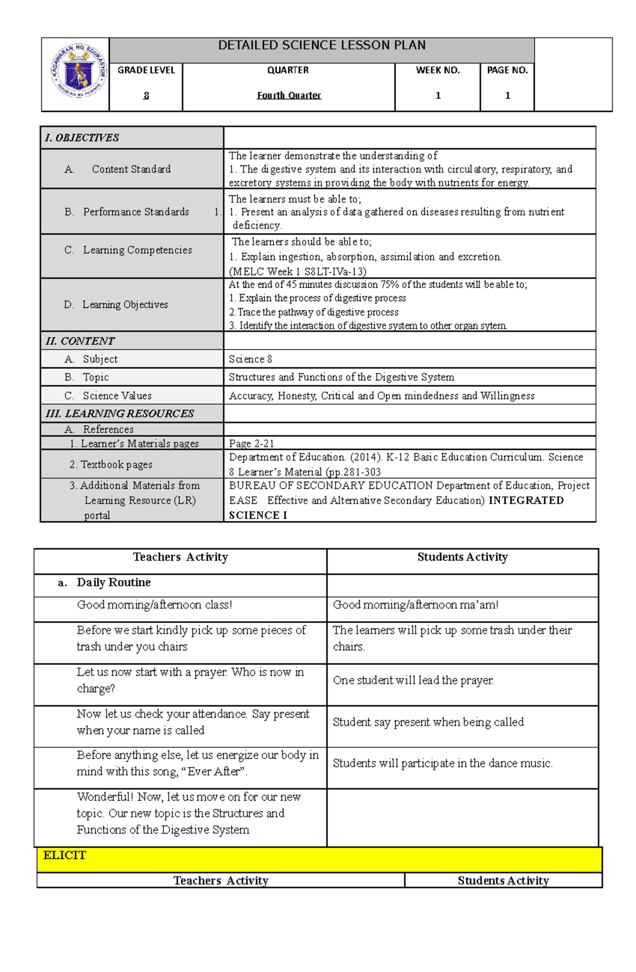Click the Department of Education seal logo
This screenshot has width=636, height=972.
click(x=78, y=71)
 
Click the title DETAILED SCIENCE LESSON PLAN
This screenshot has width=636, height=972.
click(x=322, y=46)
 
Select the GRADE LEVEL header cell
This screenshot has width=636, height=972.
click(x=146, y=70)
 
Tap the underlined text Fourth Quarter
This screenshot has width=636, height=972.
click(x=289, y=96)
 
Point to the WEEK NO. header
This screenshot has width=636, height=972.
click(x=437, y=70)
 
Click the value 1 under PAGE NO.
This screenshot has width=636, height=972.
click(x=507, y=96)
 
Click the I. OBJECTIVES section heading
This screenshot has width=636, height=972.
click(x=82, y=138)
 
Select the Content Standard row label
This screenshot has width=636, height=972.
click(x=131, y=169)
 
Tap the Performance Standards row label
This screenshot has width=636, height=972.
click(x=136, y=212)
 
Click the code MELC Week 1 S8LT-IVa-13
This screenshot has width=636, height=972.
click(x=297, y=272)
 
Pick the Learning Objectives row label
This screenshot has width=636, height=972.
click(x=125, y=305)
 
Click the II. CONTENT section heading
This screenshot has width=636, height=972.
click(x=80, y=341)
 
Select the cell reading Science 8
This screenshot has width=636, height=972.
click(x=250, y=359)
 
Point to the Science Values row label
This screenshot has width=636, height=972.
click(x=117, y=396)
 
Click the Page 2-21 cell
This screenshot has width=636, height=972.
click(x=251, y=443)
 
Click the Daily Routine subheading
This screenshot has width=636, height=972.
click(x=113, y=583)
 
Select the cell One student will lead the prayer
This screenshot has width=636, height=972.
click(x=413, y=680)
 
